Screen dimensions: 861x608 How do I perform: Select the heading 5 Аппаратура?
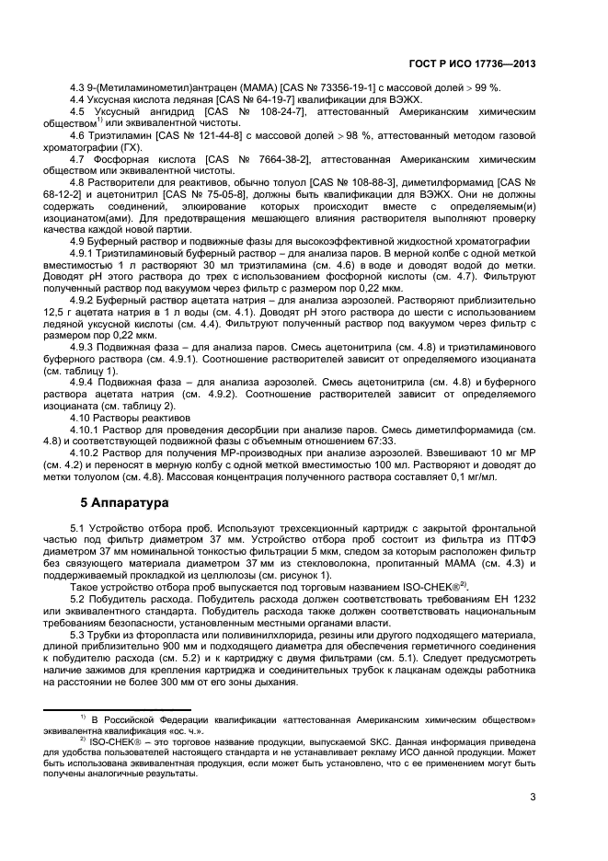coord(120,504)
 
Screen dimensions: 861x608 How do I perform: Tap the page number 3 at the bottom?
coord(533,798)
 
